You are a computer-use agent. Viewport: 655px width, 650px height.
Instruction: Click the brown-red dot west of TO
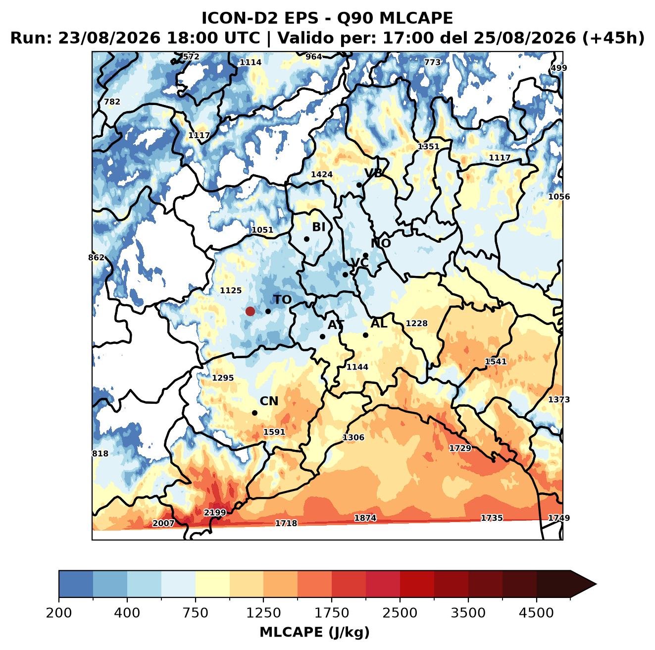[x=250, y=311]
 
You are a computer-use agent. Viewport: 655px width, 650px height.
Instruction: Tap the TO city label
[x=283, y=300]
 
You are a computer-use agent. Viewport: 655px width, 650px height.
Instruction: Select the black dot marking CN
[x=254, y=413]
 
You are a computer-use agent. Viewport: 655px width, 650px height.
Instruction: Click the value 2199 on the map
[x=215, y=512]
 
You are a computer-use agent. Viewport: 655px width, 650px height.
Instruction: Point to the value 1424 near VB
[x=321, y=174]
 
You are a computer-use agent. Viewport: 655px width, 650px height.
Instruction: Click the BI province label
[x=319, y=227]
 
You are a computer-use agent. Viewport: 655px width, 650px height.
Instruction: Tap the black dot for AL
[x=365, y=335]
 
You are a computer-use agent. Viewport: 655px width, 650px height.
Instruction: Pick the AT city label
[x=336, y=325]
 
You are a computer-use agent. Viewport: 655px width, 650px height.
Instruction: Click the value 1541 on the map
[x=495, y=362]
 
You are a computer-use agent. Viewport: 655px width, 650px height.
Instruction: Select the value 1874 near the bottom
[x=365, y=518]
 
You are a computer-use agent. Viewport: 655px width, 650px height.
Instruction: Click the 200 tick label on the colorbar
[x=59, y=612]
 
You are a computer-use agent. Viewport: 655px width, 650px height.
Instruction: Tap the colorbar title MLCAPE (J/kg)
[x=314, y=632]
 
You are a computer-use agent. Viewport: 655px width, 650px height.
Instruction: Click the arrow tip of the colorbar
[x=596, y=584]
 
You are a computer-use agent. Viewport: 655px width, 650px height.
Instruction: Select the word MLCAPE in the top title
[x=416, y=18]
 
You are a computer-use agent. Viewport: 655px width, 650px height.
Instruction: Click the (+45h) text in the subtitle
[x=613, y=38]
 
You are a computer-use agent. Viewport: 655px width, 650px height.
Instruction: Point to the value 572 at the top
[x=191, y=57]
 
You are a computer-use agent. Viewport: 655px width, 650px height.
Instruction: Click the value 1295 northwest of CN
[x=223, y=378]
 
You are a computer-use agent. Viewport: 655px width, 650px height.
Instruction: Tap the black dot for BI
[x=306, y=239]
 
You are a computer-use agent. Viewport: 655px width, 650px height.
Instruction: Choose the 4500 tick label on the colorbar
[x=536, y=612]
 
